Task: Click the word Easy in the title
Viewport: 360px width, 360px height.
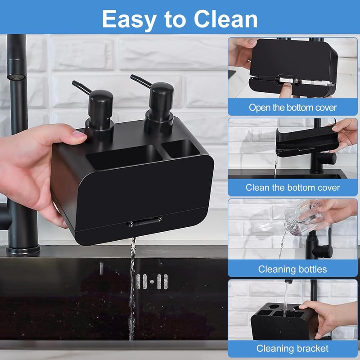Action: [129, 20]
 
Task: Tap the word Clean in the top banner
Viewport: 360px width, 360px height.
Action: [226, 19]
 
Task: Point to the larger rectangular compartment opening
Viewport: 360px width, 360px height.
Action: [124, 157]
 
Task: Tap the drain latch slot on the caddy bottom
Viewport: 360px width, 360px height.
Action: [144, 221]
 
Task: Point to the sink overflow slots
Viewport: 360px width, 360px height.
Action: [152, 282]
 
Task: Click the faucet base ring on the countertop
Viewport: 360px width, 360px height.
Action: [23, 250]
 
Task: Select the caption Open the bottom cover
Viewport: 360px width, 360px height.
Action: [293, 108]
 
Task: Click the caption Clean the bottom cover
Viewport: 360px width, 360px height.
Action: [293, 188]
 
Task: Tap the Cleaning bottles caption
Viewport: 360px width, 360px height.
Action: [292, 269]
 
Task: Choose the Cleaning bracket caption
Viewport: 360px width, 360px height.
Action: [292, 348]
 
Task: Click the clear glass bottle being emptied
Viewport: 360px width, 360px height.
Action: [303, 219]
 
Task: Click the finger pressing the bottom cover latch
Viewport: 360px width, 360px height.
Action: [285, 90]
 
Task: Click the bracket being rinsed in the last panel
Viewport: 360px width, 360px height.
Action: [284, 321]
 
